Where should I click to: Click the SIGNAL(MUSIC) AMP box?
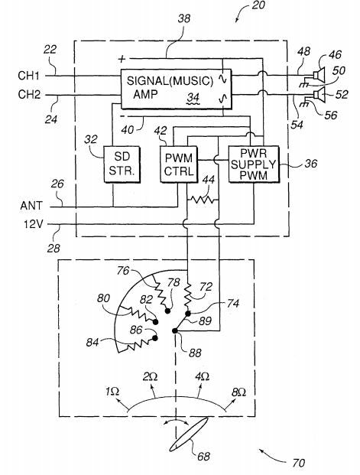click(176, 89)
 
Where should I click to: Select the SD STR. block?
click(122, 164)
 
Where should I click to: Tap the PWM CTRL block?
click(179, 164)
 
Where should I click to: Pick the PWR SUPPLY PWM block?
click(254, 164)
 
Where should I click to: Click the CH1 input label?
click(29, 76)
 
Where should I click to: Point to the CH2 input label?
click(29, 95)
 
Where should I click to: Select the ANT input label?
click(31, 206)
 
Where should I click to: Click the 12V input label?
click(34, 224)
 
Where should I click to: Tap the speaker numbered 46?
click(319, 74)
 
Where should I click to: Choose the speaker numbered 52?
click(319, 94)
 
